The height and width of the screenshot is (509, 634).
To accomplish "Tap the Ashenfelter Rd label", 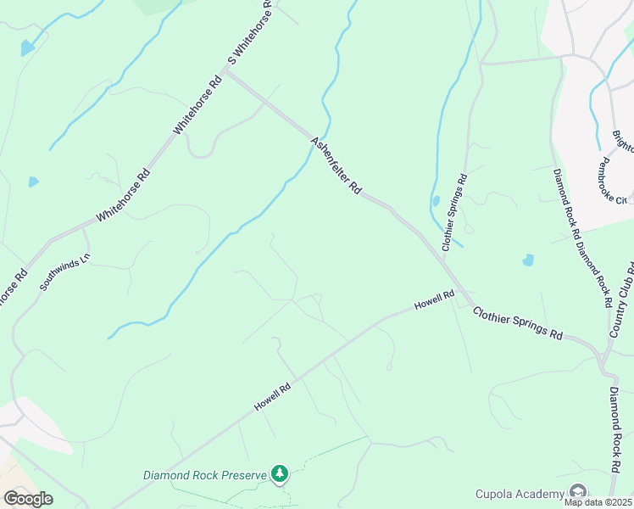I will point(336,166).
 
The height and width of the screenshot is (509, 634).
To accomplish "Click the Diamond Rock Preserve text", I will point(204,475).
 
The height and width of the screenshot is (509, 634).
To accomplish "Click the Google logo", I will point(28,498).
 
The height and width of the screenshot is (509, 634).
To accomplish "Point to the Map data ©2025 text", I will point(598,502).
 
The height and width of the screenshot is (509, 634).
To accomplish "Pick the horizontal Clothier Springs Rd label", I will point(517,322).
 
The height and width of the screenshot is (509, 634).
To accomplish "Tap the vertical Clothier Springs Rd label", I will point(454,212).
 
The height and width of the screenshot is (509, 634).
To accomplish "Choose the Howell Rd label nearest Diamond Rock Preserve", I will point(273,397).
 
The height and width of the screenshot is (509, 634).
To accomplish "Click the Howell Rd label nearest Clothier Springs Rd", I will point(434,299).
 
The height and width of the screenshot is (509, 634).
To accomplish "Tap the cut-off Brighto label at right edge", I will point(623,141).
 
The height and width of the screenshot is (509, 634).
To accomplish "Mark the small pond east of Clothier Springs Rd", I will point(529,260).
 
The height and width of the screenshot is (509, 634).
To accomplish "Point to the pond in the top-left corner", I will point(28,48).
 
